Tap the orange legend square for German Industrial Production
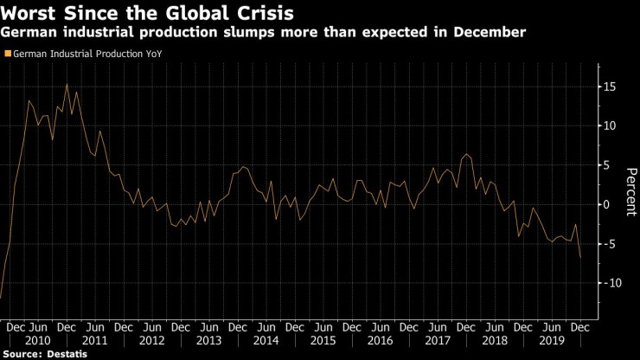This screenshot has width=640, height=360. (x=8, y=54)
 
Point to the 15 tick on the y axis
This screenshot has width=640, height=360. (x=611, y=87)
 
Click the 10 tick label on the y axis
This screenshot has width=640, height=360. (x=611, y=125)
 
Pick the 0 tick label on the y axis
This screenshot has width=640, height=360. (x=608, y=204)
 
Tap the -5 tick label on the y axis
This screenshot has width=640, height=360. (x=610, y=244)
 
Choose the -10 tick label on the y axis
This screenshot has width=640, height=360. (x=611, y=283)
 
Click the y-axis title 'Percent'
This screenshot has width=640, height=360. (x=628, y=185)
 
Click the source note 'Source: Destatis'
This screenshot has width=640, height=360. (x=40, y=354)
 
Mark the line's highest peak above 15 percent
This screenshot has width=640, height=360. (x=67, y=84)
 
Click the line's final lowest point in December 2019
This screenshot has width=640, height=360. (x=579, y=257)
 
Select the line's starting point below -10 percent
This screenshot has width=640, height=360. (x=1, y=298)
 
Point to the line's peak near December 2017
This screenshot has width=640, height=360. (x=467, y=154)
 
